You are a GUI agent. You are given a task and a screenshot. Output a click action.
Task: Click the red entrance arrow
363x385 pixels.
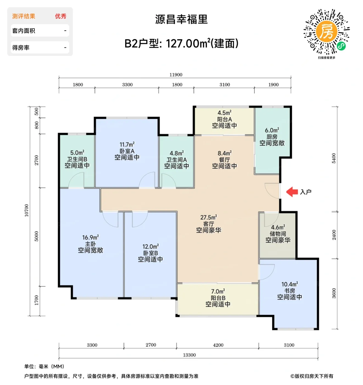click(x=292, y=192)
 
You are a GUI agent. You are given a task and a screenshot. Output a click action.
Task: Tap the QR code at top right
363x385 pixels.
click(x=326, y=32)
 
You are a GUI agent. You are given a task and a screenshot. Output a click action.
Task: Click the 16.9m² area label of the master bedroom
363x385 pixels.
click(x=90, y=237)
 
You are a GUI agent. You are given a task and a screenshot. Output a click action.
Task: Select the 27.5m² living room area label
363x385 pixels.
click(x=208, y=217)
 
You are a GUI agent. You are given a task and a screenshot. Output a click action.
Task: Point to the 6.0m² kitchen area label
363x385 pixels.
click(x=272, y=130)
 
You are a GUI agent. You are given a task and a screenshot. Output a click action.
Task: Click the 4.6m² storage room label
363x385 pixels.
click(x=278, y=227)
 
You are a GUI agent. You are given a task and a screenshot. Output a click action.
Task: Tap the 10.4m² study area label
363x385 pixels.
click(x=290, y=284)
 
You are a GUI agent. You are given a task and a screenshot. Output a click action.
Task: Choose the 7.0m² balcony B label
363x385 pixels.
click(x=218, y=291)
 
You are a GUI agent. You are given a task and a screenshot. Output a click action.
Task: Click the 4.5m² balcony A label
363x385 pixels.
click(x=224, y=113)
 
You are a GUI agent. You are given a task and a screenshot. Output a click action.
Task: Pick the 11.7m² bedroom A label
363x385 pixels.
click(x=127, y=144)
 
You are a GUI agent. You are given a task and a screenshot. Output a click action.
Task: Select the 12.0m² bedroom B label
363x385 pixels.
click(x=150, y=246)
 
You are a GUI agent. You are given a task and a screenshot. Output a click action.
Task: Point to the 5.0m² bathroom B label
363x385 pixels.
click(x=77, y=153)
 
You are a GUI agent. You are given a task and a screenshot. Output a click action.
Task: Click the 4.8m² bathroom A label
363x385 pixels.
click(x=177, y=153)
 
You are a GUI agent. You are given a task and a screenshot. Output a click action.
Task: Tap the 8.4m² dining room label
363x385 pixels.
click(x=224, y=153)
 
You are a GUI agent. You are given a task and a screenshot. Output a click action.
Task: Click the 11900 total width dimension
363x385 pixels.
click(x=176, y=75)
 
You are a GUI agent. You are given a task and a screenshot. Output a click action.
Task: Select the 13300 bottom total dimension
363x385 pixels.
click(x=189, y=355)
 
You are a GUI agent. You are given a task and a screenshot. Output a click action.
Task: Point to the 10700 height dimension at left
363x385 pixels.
click(x=27, y=210)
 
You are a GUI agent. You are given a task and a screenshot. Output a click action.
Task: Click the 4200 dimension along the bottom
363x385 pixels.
click(x=218, y=345)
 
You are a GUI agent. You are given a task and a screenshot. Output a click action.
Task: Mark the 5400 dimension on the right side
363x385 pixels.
click(x=334, y=158)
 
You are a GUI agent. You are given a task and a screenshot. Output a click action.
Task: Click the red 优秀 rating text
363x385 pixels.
click(x=61, y=16)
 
